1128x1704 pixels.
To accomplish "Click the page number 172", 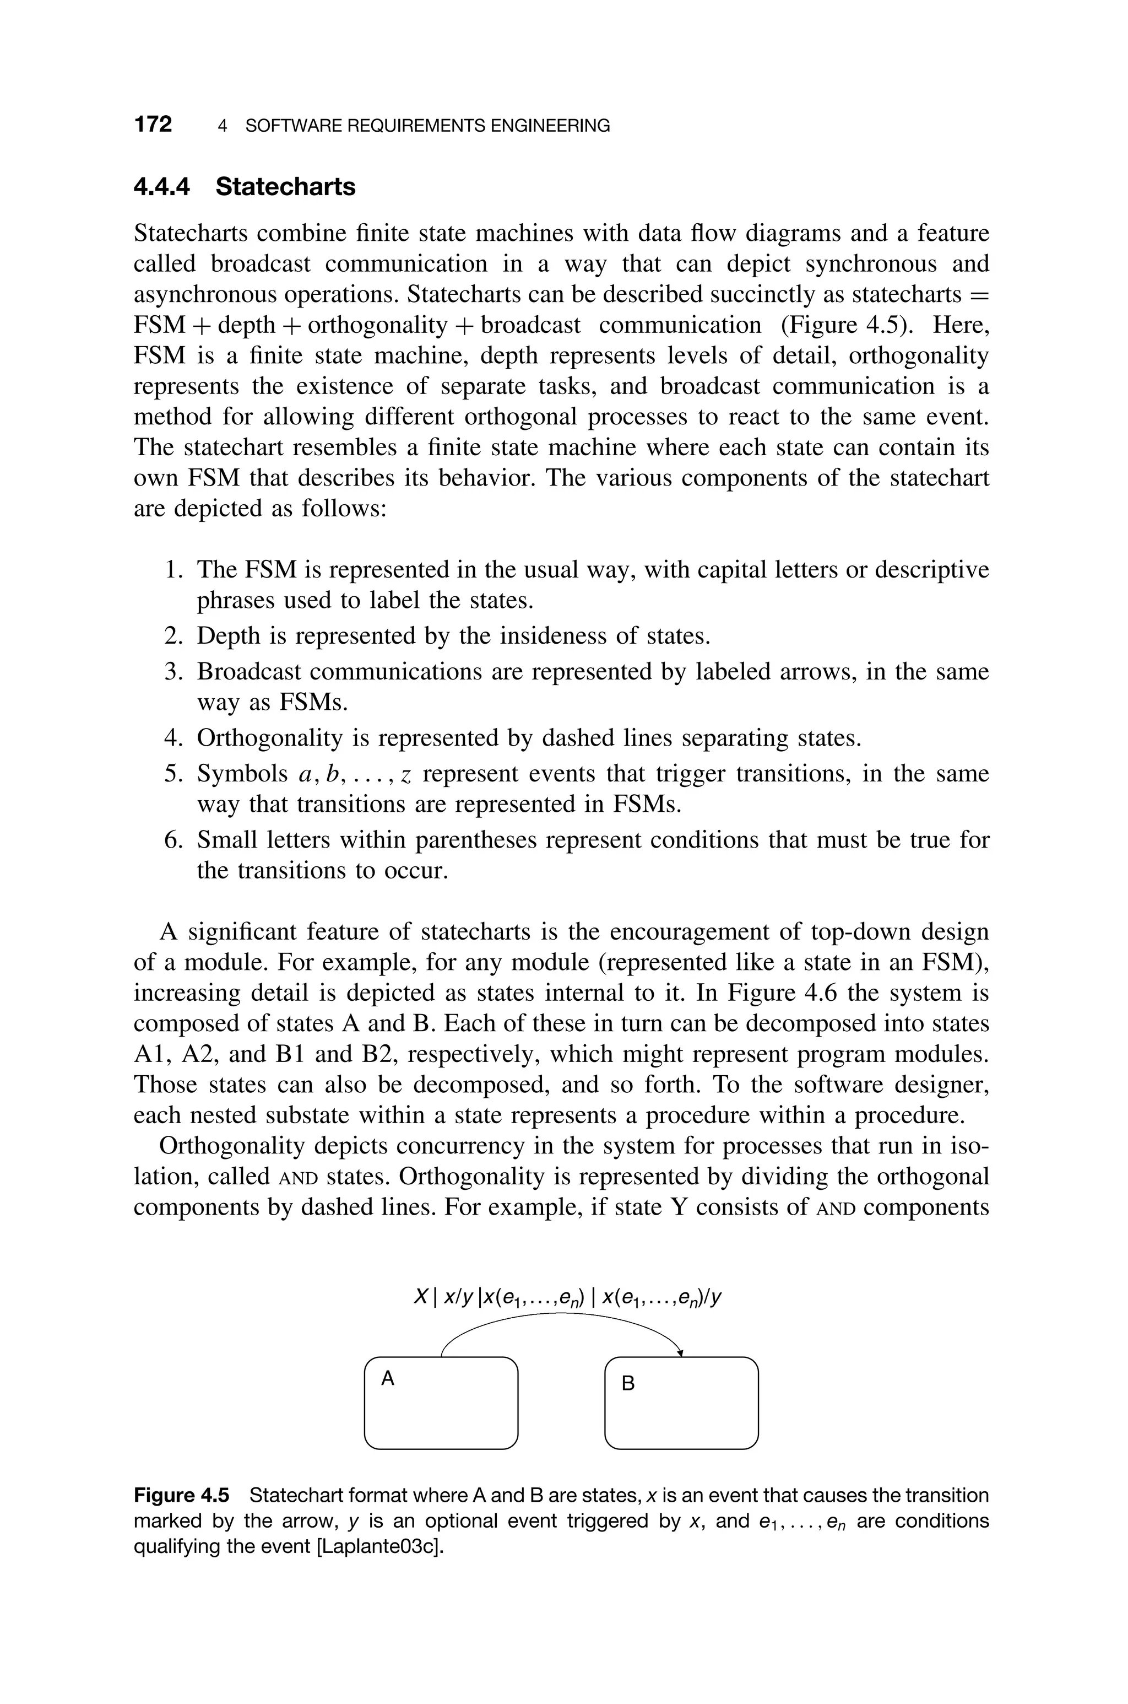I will click(153, 125).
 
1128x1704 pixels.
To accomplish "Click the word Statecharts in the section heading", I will click(286, 187).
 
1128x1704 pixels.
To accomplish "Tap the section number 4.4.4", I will click(162, 187).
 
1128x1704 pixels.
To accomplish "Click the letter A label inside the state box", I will click(388, 1378).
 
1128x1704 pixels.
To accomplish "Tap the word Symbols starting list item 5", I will click(242, 774).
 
